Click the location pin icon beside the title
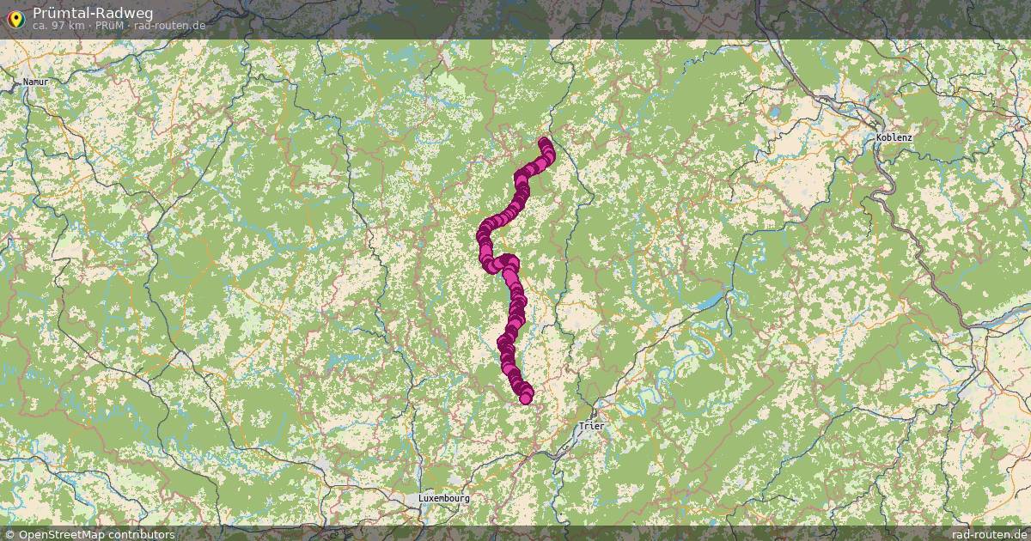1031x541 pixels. (15, 17)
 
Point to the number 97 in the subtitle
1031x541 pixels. (60, 26)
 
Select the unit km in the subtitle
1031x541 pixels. (76, 26)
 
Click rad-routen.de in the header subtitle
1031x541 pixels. (169, 26)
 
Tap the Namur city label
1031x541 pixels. (36, 82)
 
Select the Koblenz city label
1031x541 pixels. (895, 137)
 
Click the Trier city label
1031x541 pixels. (593, 426)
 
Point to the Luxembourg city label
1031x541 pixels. (444, 498)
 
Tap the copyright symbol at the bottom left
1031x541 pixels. (9, 534)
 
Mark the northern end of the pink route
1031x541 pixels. (544, 143)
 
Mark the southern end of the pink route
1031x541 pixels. (526, 397)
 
